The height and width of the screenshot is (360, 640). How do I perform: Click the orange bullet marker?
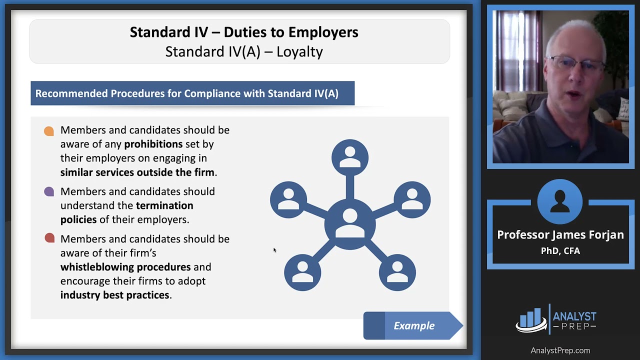point(49,131)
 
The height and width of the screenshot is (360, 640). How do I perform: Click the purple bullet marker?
point(49,192)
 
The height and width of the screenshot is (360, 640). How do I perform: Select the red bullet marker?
point(49,238)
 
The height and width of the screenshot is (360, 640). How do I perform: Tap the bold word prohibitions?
point(153,144)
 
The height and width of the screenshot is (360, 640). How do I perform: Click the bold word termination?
point(164,205)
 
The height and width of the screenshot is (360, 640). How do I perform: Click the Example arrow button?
point(413,326)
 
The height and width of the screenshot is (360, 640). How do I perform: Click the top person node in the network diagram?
point(350,157)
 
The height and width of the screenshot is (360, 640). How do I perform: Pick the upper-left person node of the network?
point(288,200)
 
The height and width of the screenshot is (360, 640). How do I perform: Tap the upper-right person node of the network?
point(412,200)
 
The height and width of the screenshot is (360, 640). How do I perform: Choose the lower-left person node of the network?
point(302,272)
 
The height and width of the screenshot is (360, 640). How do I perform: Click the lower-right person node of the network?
point(397,272)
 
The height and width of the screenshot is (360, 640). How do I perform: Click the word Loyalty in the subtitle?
point(299,51)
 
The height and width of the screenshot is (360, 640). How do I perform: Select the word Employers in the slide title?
point(323,32)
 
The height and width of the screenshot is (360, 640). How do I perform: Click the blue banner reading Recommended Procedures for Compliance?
point(192,93)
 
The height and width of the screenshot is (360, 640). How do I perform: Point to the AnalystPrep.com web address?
point(560,350)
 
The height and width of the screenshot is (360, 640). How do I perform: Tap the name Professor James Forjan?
point(560,235)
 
